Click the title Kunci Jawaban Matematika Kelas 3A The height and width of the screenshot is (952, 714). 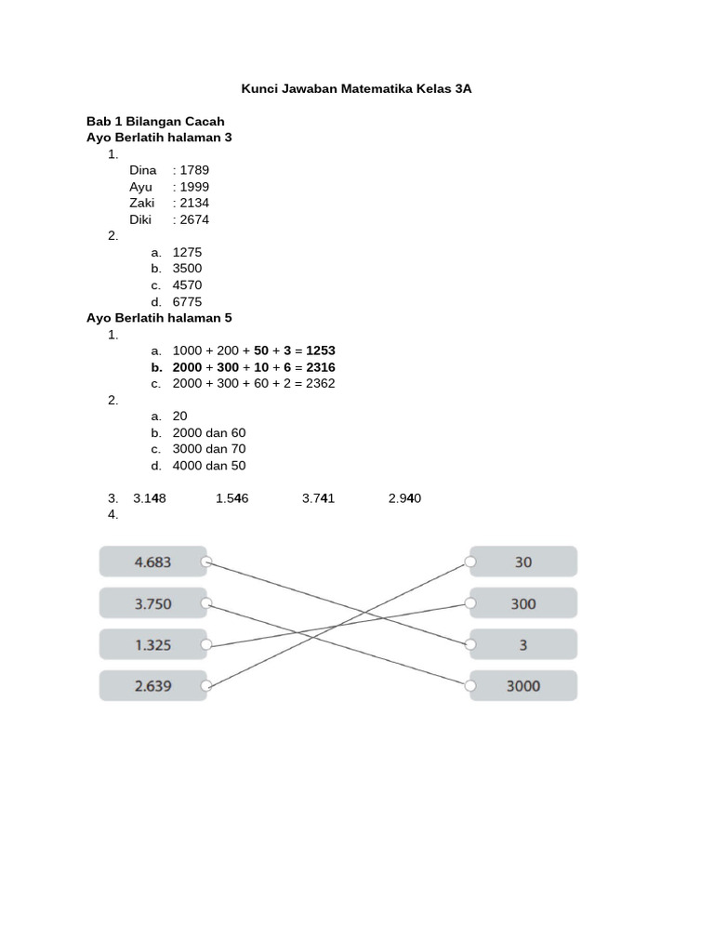point(357,89)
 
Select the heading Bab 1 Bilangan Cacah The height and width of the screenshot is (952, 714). point(155,122)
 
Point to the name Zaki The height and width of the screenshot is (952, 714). point(142,204)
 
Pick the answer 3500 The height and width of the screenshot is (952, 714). point(187,269)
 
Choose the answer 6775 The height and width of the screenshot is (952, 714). point(187,302)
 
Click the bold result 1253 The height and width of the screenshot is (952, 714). point(321,350)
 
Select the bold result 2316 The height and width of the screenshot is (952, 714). point(320,367)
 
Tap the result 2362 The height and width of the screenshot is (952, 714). point(321,383)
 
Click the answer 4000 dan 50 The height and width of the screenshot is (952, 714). point(209,466)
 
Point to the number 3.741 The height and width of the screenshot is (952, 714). point(319,498)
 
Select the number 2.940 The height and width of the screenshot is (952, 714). point(404,498)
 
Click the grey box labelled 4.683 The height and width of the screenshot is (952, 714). point(153,562)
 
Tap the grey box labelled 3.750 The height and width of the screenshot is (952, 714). point(153,603)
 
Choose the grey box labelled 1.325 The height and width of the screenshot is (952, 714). point(153,644)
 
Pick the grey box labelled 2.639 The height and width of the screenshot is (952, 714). point(153,686)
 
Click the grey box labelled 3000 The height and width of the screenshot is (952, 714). point(523,686)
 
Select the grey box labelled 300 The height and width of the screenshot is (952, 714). point(523,603)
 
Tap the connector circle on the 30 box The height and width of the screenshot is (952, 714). point(470,562)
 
